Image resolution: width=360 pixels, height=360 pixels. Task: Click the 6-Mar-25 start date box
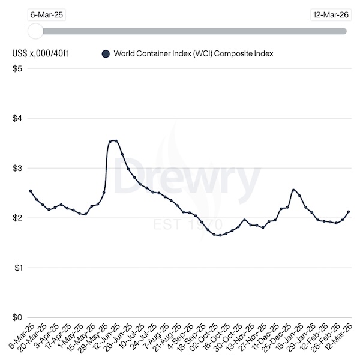click(x=46, y=16)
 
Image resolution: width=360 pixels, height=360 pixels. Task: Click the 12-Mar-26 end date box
click(x=331, y=16)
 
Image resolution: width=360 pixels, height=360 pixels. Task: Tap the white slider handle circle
click(x=35, y=31)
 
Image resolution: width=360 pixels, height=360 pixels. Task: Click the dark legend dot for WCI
click(x=106, y=53)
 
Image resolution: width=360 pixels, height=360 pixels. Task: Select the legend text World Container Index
click(x=196, y=53)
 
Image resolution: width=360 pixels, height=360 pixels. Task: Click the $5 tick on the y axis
click(x=17, y=68)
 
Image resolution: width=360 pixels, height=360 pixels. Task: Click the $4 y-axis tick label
click(x=17, y=118)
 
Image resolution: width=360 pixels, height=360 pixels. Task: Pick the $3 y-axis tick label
click(x=17, y=168)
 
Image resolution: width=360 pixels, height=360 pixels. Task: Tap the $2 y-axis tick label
click(x=17, y=218)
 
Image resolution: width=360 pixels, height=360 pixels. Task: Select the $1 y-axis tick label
click(x=17, y=268)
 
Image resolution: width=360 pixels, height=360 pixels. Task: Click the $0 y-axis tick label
click(x=17, y=317)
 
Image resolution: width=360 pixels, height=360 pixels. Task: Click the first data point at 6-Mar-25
click(x=30, y=191)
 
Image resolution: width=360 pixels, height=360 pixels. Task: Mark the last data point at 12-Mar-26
click(x=349, y=212)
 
